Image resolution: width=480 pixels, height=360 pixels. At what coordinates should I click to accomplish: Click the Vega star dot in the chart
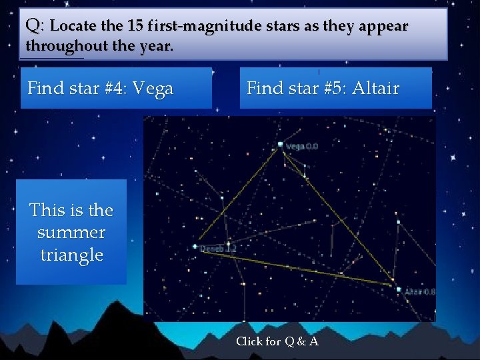(280, 144)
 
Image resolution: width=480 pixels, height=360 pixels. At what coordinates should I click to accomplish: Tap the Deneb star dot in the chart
(195, 246)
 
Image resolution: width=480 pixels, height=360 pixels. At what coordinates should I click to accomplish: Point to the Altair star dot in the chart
(398, 289)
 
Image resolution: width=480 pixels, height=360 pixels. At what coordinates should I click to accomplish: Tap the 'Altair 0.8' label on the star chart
(420, 292)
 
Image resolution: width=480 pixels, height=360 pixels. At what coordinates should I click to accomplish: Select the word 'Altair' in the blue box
(375, 88)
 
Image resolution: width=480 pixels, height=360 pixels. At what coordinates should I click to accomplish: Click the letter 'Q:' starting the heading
(35, 26)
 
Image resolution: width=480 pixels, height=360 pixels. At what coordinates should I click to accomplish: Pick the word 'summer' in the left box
(71, 233)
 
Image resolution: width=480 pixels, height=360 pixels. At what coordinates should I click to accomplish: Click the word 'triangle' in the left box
(71, 255)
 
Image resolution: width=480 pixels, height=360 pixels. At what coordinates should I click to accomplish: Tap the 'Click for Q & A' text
(277, 341)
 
